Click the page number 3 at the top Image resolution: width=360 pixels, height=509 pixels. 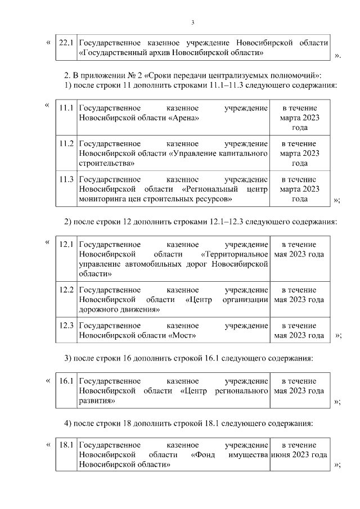pos(192,23)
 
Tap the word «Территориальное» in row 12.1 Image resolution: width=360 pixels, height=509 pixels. pos(234,254)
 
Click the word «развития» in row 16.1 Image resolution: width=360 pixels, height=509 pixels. pos(97,401)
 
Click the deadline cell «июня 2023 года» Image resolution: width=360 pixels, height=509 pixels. pos(299,455)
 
